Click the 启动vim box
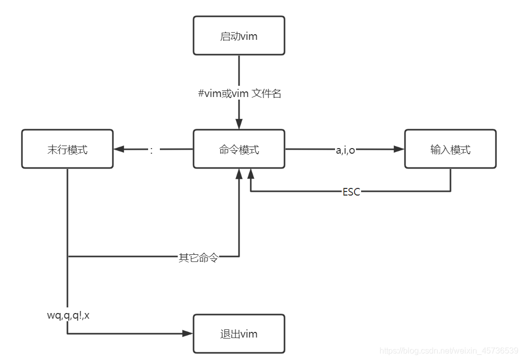239,35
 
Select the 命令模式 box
239,149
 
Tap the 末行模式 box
67,149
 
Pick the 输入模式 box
450,149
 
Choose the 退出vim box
239,333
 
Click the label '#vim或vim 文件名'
240,93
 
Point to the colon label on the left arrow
151,150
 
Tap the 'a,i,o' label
345,150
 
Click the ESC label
351,191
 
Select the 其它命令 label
199,257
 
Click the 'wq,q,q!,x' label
68,315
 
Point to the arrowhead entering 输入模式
399,149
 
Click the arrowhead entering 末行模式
119,149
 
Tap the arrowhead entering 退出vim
188,333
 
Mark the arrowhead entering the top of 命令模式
239,124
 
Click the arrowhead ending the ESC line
250,174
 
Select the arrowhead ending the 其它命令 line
239,174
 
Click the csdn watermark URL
448,351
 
